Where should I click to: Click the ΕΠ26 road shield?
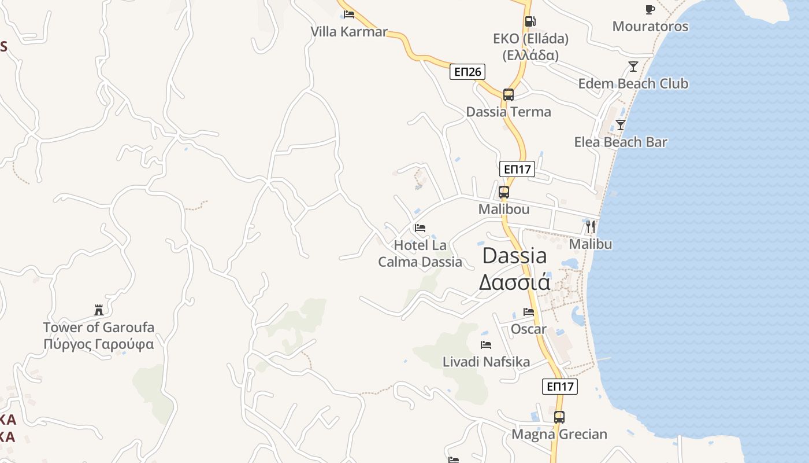point(467,72)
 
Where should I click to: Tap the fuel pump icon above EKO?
point(530,22)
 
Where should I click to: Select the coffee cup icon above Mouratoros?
point(650,9)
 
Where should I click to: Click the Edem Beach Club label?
point(633,84)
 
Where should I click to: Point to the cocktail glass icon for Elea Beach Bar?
point(621,124)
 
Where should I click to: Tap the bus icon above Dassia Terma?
point(509,95)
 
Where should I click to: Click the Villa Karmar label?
point(349,32)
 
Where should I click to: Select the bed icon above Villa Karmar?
point(349,14)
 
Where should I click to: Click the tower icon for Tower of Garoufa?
point(98,310)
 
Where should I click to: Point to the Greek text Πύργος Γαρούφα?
point(99,345)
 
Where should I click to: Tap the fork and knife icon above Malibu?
point(590,227)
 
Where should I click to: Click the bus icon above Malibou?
point(504,192)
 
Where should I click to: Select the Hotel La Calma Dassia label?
point(420,253)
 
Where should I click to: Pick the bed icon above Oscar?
point(529,312)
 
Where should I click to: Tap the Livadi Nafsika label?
point(486,362)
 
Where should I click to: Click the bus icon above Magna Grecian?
point(559,417)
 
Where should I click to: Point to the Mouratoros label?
point(650,27)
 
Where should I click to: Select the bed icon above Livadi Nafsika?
point(486,345)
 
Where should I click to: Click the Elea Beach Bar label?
point(621,142)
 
